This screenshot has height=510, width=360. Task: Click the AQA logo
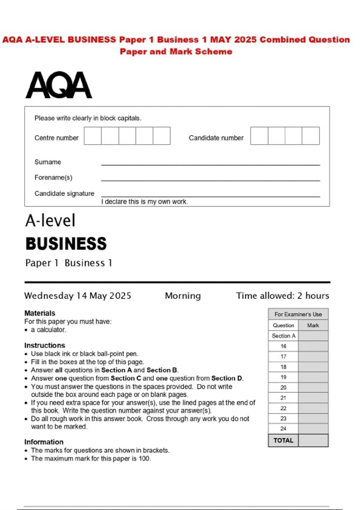(59, 85)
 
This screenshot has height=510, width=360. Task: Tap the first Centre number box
(93, 136)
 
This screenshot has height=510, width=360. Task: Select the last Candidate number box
(310, 136)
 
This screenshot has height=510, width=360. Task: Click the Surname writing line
(210, 164)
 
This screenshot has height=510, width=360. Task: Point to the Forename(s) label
(53, 178)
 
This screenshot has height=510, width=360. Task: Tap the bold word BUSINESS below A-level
(66, 244)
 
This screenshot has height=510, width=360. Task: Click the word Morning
(183, 296)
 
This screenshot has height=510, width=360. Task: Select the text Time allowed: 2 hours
(282, 296)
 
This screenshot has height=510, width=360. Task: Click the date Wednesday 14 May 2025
(78, 296)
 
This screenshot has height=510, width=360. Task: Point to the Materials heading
(40, 313)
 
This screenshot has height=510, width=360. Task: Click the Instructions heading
(44, 345)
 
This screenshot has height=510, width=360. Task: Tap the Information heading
(44, 442)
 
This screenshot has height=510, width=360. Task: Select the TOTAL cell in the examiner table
(283, 440)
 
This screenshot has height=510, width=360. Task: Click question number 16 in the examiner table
(283, 346)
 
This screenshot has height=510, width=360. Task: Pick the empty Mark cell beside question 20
(313, 387)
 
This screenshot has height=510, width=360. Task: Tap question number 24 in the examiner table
(283, 429)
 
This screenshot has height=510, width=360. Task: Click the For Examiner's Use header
(298, 314)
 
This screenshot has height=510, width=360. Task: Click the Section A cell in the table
(283, 336)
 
